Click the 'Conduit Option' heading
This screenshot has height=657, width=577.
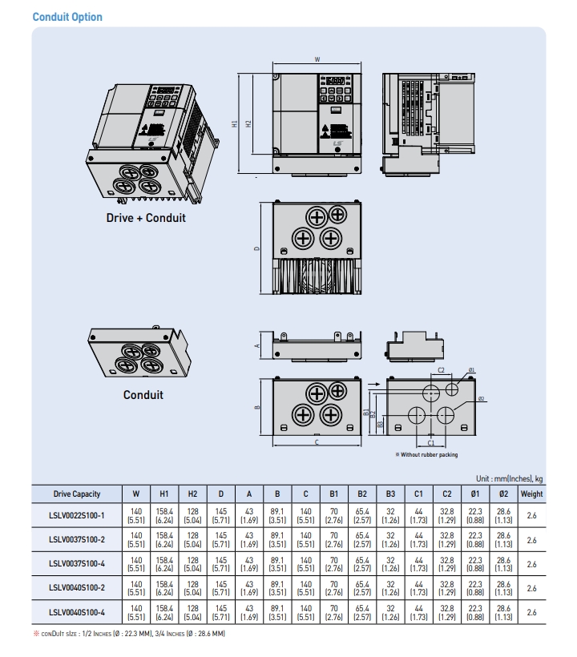pos(67,17)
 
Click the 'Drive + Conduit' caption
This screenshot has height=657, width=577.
pos(146,218)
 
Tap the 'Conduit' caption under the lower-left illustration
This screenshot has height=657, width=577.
pos(143,394)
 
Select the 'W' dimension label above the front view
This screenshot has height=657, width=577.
pos(317,59)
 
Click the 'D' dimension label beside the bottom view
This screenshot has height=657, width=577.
pos(256,248)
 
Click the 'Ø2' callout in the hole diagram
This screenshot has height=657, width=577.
pos(481,398)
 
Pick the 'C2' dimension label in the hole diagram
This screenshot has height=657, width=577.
pos(442,370)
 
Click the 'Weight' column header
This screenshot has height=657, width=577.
pos(531,494)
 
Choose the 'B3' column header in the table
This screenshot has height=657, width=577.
pos(390,494)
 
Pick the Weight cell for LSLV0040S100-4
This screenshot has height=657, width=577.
pos(531,613)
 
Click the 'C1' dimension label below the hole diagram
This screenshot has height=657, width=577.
pos(430,442)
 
